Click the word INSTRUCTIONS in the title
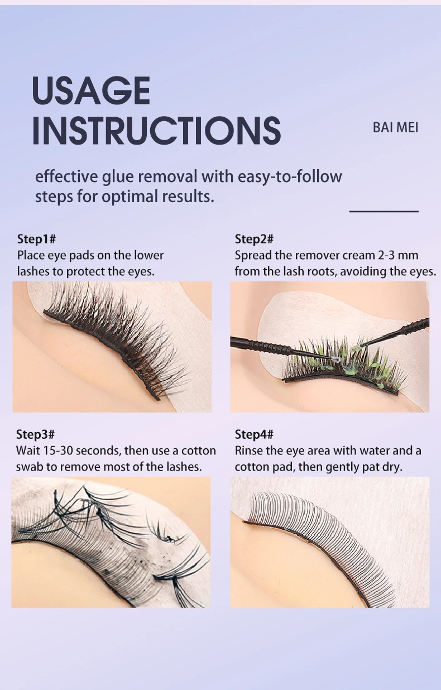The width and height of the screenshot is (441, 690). pyautogui.click(x=156, y=131)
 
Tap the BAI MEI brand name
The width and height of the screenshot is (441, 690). pyautogui.click(x=395, y=127)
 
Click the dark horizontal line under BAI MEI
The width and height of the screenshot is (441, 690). pyautogui.click(x=384, y=212)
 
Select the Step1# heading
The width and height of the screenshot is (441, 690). pyautogui.click(x=36, y=239)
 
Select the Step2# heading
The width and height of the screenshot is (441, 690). pyautogui.click(x=254, y=239)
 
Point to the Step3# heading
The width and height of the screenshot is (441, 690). pyautogui.click(x=35, y=434)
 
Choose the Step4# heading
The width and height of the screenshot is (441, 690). pyautogui.click(x=254, y=434)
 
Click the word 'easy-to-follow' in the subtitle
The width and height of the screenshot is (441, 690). pyautogui.click(x=290, y=177)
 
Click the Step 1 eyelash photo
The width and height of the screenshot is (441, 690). pyautogui.click(x=112, y=346)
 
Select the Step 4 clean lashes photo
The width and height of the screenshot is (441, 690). pyautogui.click(x=329, y=542)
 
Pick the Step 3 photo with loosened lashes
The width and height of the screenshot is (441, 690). pyautogui.click(x=111, y=542)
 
